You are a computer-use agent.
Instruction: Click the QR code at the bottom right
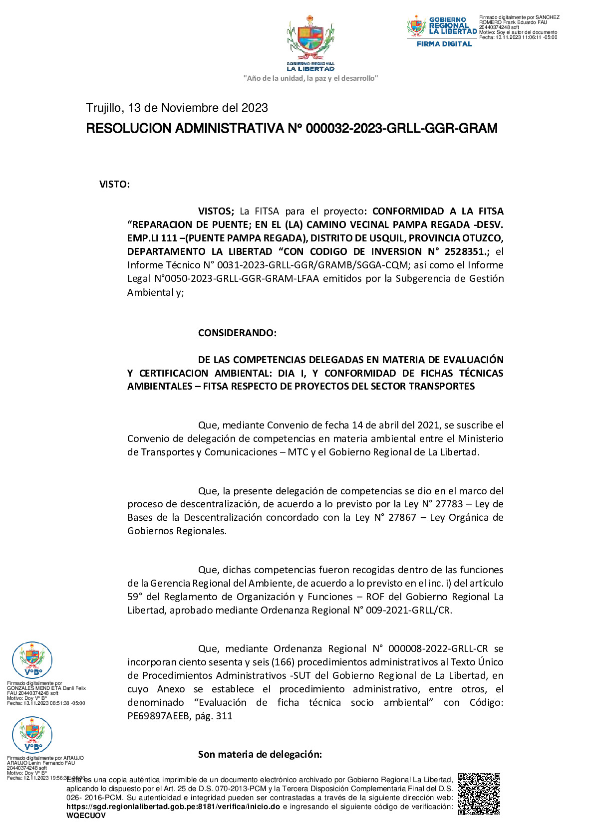point(479,794)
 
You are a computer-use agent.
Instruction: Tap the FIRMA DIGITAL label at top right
point(444,44)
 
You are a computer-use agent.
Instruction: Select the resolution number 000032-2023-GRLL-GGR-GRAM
point(401,129)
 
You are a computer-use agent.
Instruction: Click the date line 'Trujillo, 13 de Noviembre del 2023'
point(177,108)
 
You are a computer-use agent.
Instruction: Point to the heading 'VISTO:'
point(114,185)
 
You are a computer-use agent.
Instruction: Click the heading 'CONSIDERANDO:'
point(237,333)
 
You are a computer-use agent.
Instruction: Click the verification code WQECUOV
point(86,816)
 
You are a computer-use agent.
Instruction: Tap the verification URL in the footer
point(173,807)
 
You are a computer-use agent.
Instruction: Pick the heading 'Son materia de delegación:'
point(260,754)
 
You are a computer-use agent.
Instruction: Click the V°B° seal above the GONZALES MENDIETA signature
point(32,660)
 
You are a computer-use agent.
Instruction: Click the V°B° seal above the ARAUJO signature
point(32,735)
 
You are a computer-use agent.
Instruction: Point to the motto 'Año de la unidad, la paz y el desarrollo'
point(310,78)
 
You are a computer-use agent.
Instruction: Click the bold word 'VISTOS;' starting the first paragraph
point(216,211)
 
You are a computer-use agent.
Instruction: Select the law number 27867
point(402,517)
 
